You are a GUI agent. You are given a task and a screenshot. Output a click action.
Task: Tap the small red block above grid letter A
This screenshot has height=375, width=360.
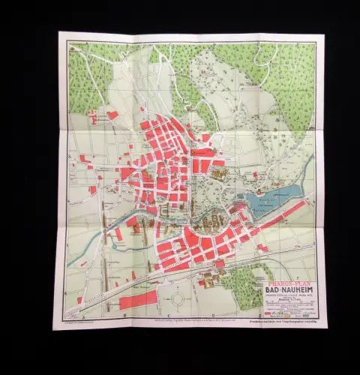tap(79, 301)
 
